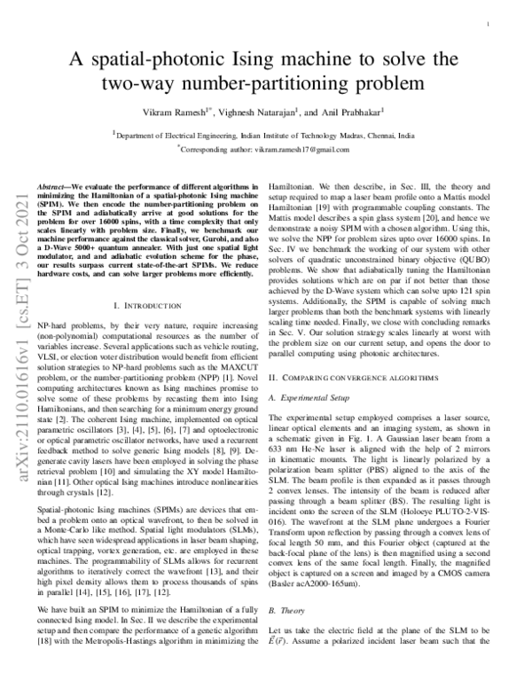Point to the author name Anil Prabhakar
click(353, 114)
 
